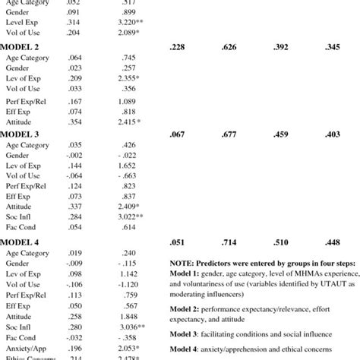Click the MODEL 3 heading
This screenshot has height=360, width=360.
[21, 134]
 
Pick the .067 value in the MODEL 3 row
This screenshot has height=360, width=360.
[178, 134]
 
